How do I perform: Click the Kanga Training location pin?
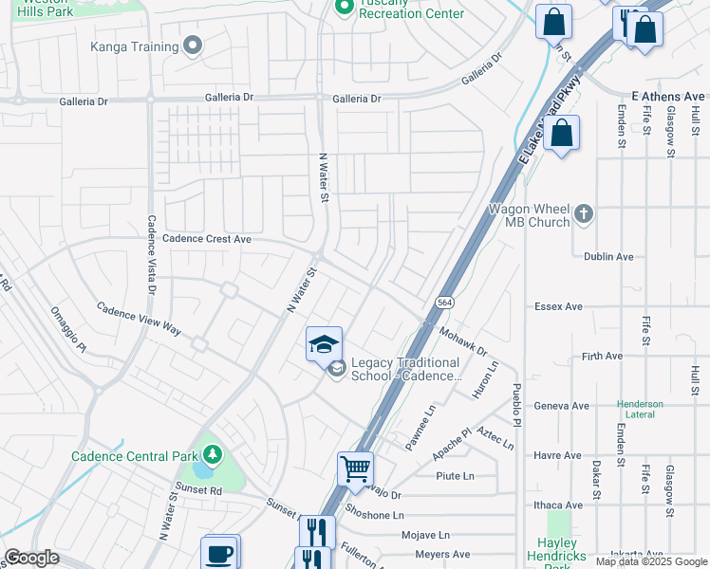point(194,46)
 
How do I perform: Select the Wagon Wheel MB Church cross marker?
point(584,214)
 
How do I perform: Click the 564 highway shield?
point(443,302)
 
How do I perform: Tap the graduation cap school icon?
point(324,343)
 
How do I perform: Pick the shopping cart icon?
point(355,468)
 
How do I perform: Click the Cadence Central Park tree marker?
point(214,456)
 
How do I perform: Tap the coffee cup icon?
point(219,553)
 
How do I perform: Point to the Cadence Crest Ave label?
point(207,240)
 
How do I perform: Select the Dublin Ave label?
point(608,257)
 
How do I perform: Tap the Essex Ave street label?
point(611,306)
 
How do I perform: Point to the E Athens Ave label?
point(668,97)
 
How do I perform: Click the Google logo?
point(31,558)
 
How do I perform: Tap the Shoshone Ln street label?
point(376,515)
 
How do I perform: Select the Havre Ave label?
point(611,455)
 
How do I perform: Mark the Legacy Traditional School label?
point(405,369)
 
